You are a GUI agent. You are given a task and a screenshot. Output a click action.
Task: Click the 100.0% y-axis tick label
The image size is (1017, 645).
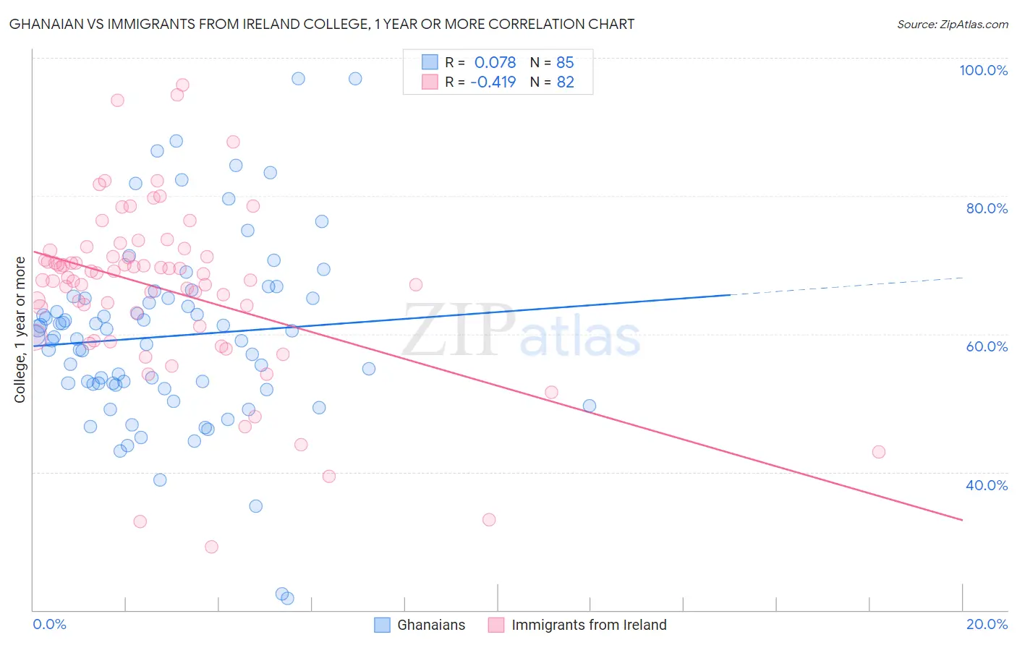tap(983, 70)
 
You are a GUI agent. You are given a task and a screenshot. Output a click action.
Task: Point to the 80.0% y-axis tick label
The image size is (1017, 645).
tap(987, 208)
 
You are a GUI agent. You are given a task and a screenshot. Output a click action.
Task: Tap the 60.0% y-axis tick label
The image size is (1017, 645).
tap(987, 346)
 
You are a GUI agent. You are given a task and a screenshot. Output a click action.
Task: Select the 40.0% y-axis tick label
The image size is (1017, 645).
tap(987, 485)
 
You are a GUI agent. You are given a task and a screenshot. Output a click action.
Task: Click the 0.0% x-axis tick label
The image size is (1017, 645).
tap(49, 624)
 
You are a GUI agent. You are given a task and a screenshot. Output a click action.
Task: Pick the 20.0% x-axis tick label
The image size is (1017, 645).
tap(987, 624)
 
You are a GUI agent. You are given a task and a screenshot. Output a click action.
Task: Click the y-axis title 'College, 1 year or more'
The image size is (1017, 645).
tap(20, 330)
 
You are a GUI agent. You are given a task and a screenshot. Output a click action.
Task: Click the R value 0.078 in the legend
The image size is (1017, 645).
tap(495, 62)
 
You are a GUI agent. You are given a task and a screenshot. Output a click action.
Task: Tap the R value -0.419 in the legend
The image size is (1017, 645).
tap(493, 82)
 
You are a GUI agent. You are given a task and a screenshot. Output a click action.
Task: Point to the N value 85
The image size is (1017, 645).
tap(565, 62)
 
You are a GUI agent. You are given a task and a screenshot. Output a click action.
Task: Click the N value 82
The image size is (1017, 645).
tap(565, 82)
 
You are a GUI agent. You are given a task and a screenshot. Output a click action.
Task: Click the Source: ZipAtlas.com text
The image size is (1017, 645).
tap(952, 25)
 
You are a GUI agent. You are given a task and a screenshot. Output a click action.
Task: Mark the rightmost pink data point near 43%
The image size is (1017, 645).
tap(878, 452)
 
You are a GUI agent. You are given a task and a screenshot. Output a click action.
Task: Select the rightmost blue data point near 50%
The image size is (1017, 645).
tap(590, 406)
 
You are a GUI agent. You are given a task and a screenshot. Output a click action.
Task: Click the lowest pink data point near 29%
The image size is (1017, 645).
tap(211, 547)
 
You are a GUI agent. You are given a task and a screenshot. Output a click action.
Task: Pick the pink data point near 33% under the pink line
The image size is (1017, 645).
tap(489, 520)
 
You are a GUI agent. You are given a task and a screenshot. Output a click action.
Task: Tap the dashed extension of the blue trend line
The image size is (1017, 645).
tap(846, 286)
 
